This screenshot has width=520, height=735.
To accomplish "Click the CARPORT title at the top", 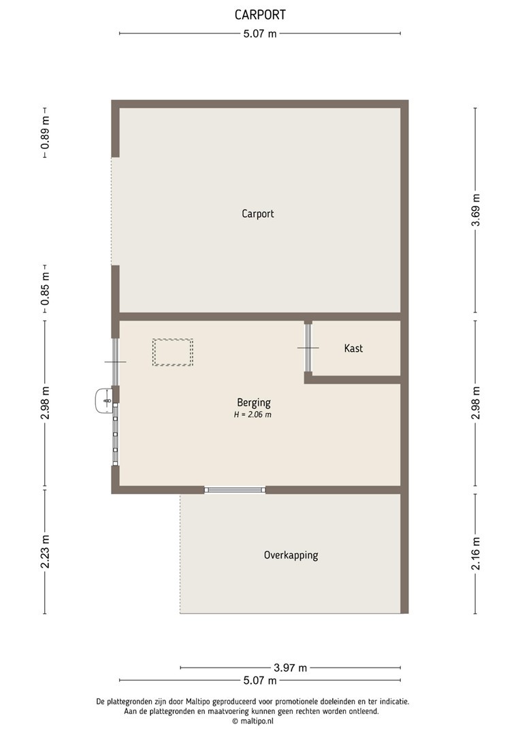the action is [x=260, y=15].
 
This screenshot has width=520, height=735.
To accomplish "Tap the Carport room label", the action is [x=258, y=214].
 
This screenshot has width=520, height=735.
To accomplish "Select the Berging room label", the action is [x=254, y=403].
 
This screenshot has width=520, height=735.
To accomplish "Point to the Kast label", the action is [x=353, y=348].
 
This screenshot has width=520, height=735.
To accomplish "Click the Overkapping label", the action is [x=291, y=555].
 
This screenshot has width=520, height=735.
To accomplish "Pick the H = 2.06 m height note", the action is [x=253, y=415].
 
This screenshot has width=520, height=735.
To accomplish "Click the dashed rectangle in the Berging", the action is [x=173, y=352].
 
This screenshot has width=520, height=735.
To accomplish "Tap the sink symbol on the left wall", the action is [x=103, y=402].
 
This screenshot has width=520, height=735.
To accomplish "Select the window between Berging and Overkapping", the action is [x=235, y=490].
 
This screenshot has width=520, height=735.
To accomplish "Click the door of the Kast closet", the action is [x=308, y=348].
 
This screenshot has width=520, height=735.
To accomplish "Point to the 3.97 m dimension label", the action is [x=290, y=668].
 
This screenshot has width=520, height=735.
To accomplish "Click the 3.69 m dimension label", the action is [x=476, y=210].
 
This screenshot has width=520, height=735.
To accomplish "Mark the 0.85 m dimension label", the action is [x=45, y=289].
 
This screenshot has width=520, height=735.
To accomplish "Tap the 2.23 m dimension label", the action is [x=45, y=551].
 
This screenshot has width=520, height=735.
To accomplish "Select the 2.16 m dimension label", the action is [x=476, y=553].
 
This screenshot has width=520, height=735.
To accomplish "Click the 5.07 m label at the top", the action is [x=260, y=34].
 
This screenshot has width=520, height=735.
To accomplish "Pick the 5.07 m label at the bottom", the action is [x=260, y=680].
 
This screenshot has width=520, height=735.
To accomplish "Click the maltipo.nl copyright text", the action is [x=253, y=721].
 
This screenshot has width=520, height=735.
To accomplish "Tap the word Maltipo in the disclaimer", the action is [x=198, y=702].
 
